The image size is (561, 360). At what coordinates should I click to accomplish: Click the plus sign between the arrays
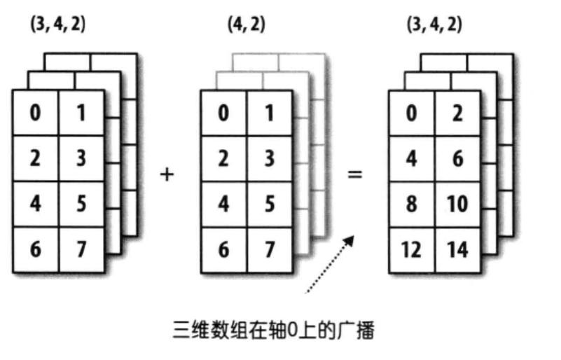(x=167, y=173)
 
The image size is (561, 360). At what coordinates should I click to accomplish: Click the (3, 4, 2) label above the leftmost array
(x=57, y=25)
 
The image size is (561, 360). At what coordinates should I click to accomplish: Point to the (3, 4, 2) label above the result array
(x=434, y=25)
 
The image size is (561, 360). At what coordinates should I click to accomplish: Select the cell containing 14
(x=457, y=249)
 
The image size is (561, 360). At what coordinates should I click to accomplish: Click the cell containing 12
(x=412, y=249)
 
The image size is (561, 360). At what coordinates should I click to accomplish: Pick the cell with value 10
(x=457, y=205)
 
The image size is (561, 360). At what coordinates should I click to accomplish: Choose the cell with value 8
(x=412, y=205)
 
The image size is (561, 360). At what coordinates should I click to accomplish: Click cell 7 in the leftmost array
(x=81, y=249)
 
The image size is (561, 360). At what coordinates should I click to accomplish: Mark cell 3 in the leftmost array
(x=81, y=158)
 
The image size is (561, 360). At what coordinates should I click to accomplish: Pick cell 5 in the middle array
(x=269, y=205)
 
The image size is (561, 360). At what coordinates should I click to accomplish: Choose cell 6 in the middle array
(x=223, y=249)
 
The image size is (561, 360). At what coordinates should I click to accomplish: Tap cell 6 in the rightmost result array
(x=457, y=158)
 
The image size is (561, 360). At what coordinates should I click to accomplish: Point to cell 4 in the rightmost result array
(x=412, y=158)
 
